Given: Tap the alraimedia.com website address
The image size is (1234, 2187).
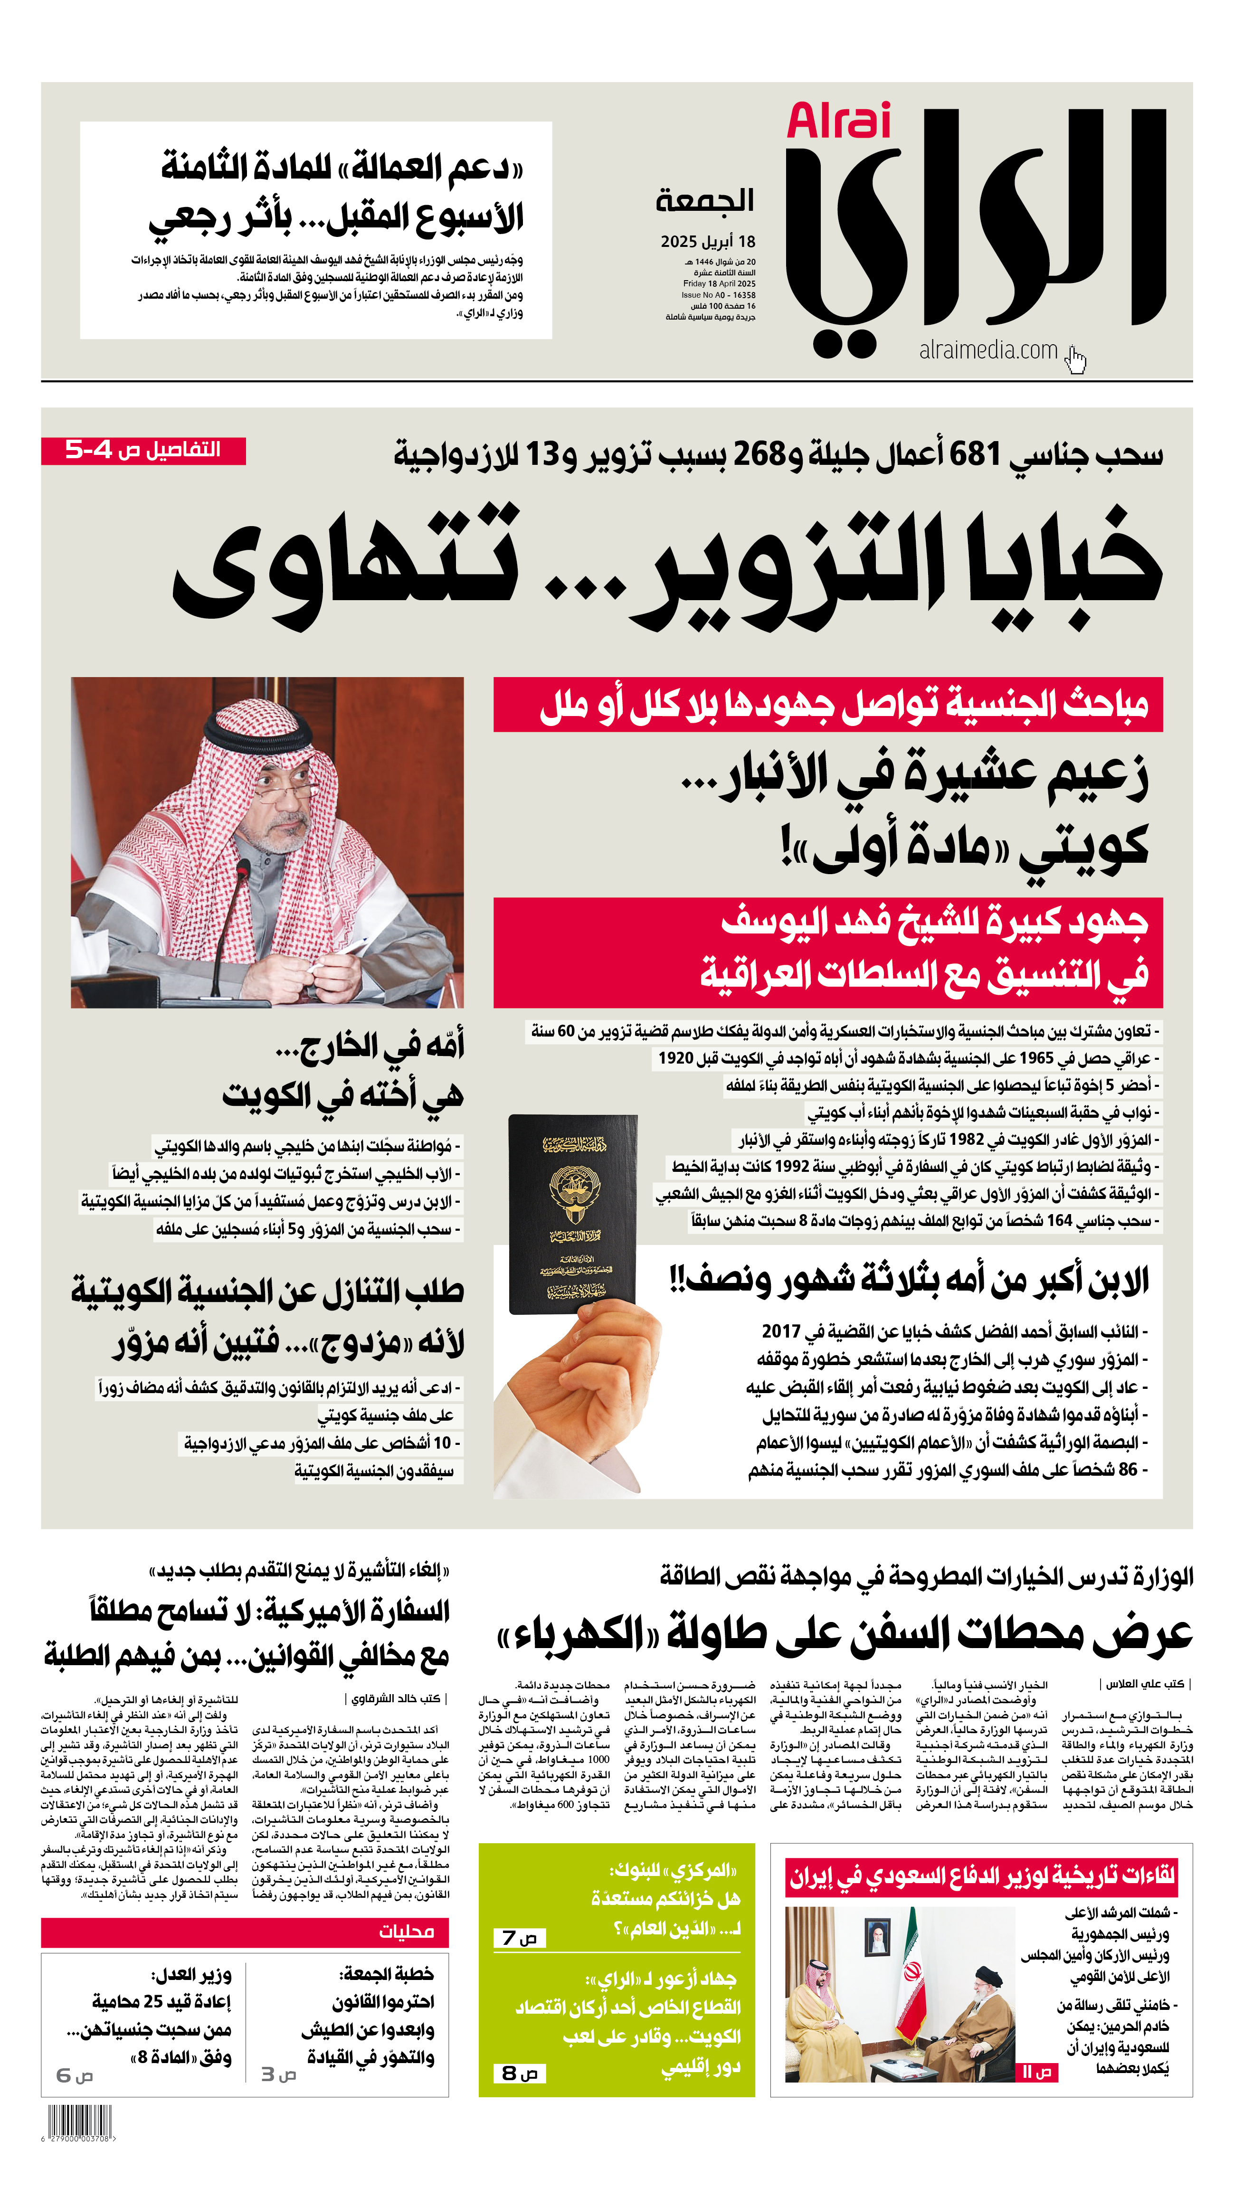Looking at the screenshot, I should pyautogui.click(x=987, y=350).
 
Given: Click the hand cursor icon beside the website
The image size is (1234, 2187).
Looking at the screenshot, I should pyautogui.click(x=1076, y=359).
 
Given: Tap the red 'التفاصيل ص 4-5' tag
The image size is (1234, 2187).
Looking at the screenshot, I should pyautogui.click(x=143, y=450).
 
